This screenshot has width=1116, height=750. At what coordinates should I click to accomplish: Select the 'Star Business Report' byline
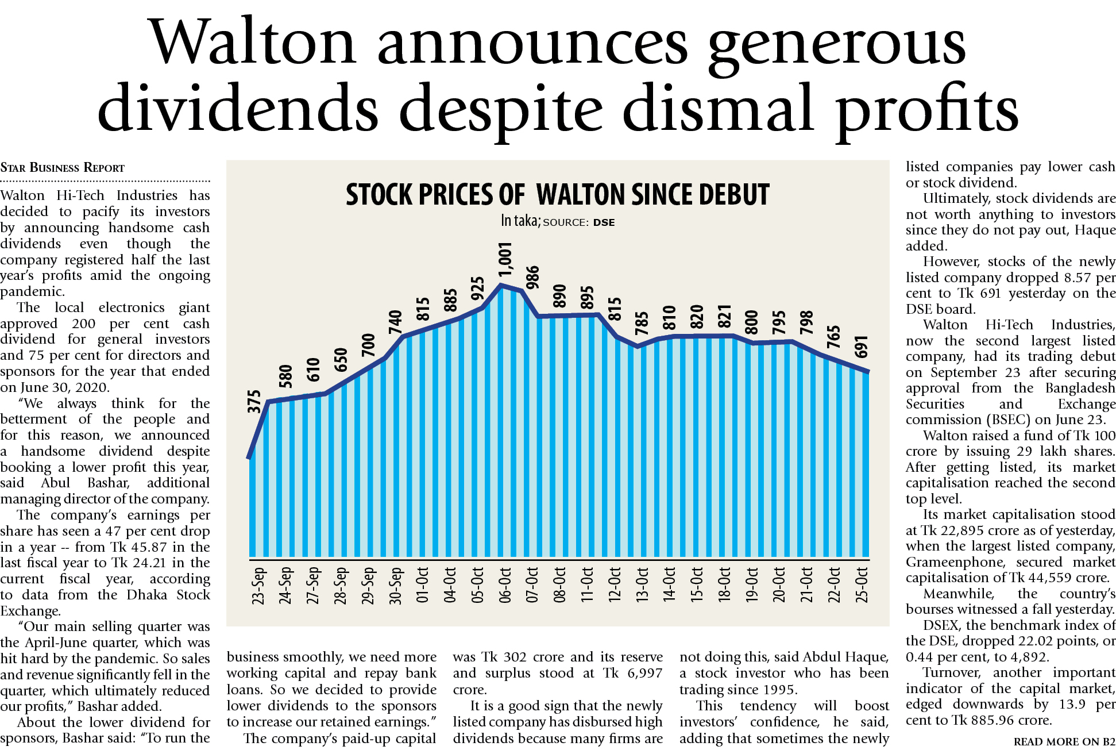62,168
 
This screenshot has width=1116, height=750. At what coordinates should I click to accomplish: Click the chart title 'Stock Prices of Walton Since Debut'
557,195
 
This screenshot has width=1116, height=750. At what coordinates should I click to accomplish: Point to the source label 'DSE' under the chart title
604,222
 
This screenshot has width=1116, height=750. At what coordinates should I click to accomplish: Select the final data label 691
862,347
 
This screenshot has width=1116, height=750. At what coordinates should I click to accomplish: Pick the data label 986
532,277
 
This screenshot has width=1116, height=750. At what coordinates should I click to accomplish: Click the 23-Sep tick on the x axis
258,586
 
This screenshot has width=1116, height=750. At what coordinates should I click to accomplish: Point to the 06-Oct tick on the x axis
505,586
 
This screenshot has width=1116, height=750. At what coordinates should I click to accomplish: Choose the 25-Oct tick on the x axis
862,586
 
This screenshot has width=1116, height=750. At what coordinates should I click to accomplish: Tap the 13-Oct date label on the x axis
642,586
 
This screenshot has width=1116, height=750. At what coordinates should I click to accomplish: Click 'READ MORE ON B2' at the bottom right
1064,742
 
